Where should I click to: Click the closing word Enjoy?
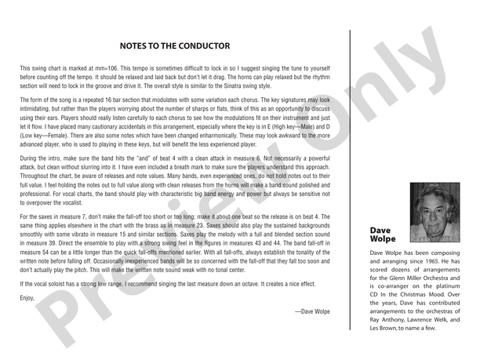[x=27, y=298]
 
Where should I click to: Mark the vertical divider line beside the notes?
[x=349, y=180]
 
